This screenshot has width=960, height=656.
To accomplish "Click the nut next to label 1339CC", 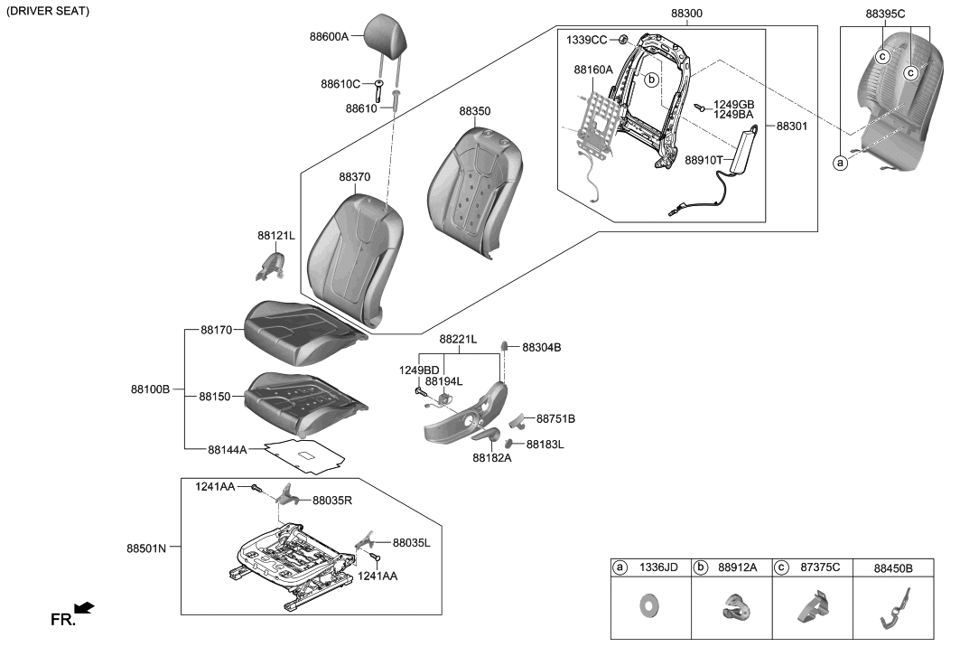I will point(624,40).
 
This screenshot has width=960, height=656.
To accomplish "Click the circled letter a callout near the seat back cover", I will point(840,163).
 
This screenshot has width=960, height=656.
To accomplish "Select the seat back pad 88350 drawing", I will point(474,190).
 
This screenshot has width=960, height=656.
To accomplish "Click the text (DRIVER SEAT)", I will point(47,10).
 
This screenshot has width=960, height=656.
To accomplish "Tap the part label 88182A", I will point(491,458).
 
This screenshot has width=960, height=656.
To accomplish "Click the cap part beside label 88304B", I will point(507,346).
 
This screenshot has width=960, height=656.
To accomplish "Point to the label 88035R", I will point(332,500).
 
